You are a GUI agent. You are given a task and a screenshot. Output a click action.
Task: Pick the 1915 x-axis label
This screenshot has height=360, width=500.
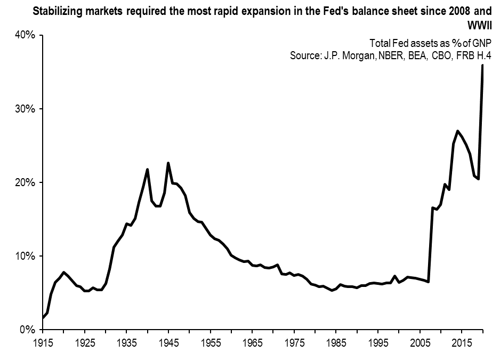pyautogui.click(x=43, y=341)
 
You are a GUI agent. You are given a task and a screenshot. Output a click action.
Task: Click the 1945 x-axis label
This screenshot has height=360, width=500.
pyautogui.click(x=168, y=341)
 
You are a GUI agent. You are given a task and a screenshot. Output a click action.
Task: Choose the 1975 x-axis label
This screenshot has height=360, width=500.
pyautogui.click(x=294, y=341)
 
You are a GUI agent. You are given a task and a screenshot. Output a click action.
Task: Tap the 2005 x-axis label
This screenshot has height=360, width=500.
pyautogui.click(x=420, y=341)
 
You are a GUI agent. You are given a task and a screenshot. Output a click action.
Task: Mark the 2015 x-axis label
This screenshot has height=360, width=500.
pyautogui.click(x=462, y=341)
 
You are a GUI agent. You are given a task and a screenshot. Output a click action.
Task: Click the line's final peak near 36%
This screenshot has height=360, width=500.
pyautogui.click(x=483, y=65)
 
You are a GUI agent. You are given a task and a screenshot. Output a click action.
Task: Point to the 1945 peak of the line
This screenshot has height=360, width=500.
pyautogui.click(x=168, y=163)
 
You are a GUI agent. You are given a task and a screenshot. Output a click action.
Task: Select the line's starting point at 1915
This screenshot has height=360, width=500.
pyautogui.click(x=43, y=318)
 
